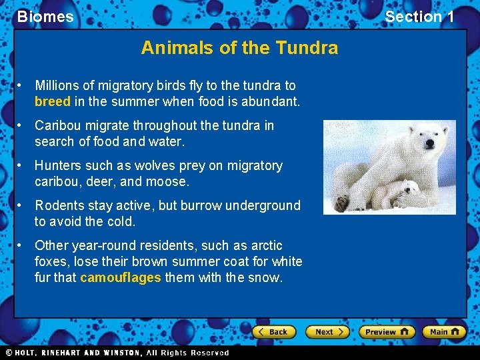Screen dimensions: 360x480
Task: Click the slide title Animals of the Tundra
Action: pyautogui.click(x=239, y=48)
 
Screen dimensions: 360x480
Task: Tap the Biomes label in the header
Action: pyautogui.click(x=45, y=17)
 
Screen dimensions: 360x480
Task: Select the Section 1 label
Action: pyautogui.click(x=419, y=17)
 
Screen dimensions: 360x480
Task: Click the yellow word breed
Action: pyautogui.click(x=52, y=102)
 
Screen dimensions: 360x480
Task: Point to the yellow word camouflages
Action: pyautogui.click(x=120, y=277)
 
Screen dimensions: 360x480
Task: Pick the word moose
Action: pyautogui.click(x=171, y=181)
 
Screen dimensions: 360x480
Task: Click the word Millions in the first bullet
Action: pyautogui.click(x=59, y=85)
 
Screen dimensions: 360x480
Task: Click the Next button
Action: pyautogui.click(x=327, y=331)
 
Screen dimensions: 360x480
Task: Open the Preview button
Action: pyautogui.click(x=386, y=331)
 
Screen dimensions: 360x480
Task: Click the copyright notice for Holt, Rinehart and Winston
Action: pyautogui.click(x=117, y=353)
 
